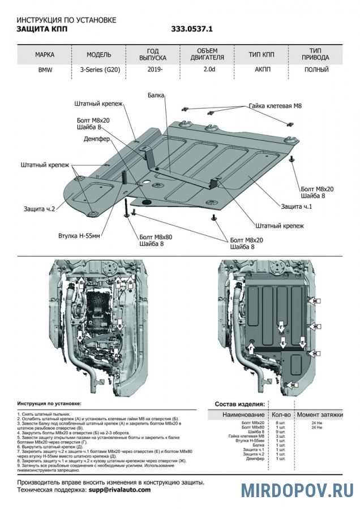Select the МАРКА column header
coord(45,55)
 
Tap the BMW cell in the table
coord(45,71)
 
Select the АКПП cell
coord(261,71)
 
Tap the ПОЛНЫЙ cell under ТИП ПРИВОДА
coord(316,71)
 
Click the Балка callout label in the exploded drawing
coord(156,96)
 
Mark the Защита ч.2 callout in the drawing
coord(39,209)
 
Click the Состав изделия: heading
coord(239,404)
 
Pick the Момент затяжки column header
coord(320,415)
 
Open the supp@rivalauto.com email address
coord(119,490)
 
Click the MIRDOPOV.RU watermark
coord(297,490)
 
